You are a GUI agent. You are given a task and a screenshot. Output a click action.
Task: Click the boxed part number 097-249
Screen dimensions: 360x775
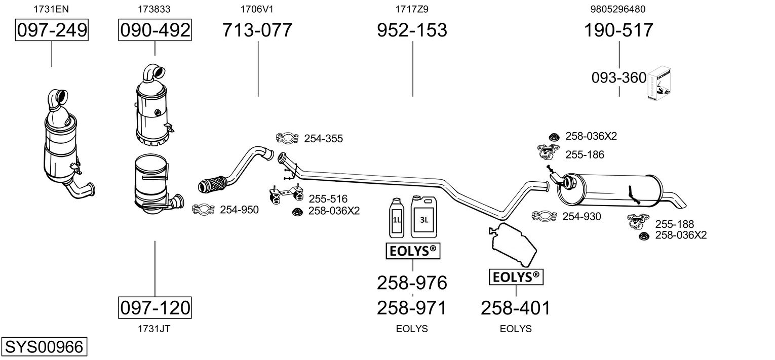52,30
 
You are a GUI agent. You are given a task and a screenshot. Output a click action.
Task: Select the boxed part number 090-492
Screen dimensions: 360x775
155,30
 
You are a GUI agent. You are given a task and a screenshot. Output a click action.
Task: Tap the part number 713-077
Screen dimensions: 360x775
257,30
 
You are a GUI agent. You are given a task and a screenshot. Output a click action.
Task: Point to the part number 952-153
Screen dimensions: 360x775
412,30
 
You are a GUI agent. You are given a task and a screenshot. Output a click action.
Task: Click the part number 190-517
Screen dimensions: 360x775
619,30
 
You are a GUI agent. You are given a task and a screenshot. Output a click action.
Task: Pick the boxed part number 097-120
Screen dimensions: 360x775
155,307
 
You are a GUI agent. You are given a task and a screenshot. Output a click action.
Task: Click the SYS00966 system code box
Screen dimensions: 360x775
44,347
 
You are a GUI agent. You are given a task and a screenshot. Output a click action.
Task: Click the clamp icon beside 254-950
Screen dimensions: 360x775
204,209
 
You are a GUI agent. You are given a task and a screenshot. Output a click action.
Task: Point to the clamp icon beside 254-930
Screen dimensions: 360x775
545,216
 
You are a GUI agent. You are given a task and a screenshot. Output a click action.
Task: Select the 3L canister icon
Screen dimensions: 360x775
423,218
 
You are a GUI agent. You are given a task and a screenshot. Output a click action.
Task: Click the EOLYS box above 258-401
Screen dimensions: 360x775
516,277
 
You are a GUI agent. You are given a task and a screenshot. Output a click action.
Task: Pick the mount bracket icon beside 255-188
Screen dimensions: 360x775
638,221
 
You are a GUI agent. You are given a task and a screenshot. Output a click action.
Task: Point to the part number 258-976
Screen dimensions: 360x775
412,283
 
